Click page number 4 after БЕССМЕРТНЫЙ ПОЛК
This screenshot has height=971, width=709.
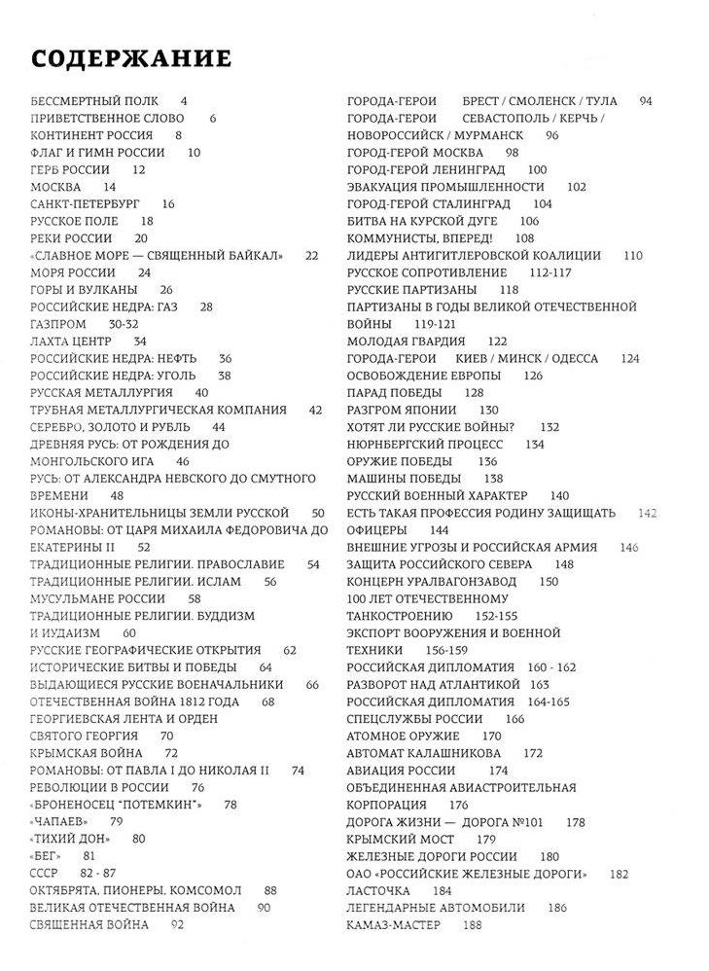[184, 100]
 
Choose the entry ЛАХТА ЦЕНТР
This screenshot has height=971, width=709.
[71, 342]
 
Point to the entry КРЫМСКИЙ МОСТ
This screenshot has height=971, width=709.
[400, 839]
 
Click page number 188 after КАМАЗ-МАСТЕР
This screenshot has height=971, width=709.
[474, 924]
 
